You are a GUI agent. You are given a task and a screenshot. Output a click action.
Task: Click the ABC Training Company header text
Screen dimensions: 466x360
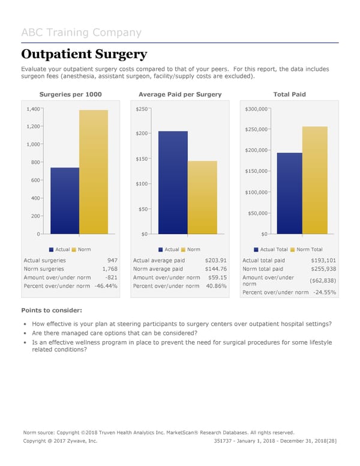(81, 32)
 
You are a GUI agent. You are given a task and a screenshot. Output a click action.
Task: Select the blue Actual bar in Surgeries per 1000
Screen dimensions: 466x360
(65, 201)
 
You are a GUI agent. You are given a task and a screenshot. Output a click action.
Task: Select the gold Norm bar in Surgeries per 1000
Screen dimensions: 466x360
(94, 172)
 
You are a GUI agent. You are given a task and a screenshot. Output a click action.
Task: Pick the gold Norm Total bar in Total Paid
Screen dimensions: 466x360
(315, 180)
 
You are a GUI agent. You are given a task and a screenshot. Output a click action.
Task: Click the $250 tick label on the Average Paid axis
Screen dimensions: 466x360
(142, 109)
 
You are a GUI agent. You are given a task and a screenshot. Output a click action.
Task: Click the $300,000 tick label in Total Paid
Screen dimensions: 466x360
(257, 109)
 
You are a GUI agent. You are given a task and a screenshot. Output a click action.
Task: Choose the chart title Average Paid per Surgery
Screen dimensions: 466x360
(180, 94)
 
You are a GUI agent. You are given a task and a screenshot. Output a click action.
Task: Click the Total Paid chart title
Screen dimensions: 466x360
(289, 94)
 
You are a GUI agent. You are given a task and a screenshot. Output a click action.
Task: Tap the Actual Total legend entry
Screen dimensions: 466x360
(274, 249)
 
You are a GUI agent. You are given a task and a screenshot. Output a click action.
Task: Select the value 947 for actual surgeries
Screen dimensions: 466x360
(112, 261)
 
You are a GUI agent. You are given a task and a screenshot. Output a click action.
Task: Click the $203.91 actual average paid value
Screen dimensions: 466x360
(215, 261)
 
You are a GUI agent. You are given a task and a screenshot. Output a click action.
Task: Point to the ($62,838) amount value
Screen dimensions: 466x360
(323, 280)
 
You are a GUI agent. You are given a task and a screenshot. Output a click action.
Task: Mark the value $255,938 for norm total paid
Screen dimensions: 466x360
(323, 269)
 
